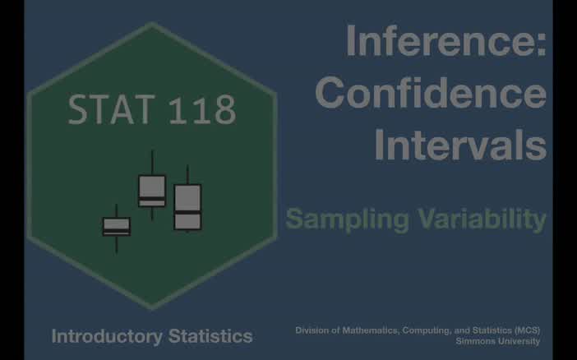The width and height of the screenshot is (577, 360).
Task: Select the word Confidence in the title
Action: pos(431,95)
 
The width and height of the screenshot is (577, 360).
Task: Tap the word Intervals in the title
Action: pos(459,145)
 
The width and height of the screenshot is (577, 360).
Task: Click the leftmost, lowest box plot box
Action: pos(117,226)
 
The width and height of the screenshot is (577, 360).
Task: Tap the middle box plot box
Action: pos(152,191)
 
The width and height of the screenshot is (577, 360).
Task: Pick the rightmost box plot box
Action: pos(187,207)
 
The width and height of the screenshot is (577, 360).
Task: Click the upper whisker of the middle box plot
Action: pos(152,162)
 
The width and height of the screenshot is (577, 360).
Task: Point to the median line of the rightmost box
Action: pos(187,211)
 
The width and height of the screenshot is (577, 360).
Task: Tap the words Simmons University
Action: pos(497,341)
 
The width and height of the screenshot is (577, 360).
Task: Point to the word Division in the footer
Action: pos(312,330)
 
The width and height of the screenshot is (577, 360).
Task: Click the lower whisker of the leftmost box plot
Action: pos(117,244)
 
